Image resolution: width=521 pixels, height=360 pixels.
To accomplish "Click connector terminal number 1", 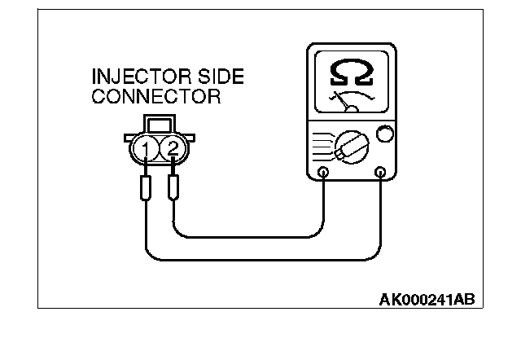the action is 145,148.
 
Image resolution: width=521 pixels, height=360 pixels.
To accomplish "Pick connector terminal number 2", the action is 172,148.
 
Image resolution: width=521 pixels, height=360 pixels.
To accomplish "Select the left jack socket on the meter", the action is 324,173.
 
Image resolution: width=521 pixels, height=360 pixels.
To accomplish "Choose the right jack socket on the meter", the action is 379,173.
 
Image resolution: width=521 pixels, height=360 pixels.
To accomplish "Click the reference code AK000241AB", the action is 426,299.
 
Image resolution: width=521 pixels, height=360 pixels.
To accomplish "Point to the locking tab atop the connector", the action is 158,124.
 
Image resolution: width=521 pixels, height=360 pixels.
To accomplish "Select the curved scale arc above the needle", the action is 352,94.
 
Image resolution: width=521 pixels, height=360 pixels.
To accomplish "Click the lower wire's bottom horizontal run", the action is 260,261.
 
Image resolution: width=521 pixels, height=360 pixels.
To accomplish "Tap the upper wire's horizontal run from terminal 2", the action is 244,238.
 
